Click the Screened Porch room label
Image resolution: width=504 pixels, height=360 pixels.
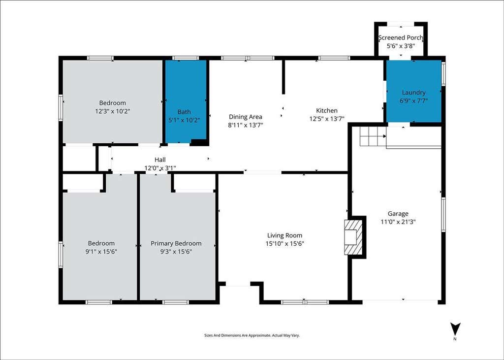tap(401, 37)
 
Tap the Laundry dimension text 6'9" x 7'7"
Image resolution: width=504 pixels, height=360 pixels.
tap(413, 100)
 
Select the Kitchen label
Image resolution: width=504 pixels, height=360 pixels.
tap(327, 110)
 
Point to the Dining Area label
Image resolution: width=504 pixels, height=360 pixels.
tap(245, 117)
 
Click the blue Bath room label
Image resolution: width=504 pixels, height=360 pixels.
tap(184, 112)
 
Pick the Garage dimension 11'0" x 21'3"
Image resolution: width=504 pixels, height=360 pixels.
tap(398, 222)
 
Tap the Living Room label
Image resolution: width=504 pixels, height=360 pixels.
tap(284, 235)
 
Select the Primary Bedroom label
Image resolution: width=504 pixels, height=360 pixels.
tap(176, 244)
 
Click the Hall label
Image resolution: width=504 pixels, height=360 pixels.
tap(160, 160)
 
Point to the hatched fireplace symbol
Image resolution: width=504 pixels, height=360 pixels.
tap(353, 237)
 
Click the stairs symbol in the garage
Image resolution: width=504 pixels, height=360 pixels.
tap(373, 136)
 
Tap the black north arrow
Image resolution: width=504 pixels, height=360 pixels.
tap(455, 329)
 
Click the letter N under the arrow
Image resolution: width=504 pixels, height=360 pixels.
tap(455, 339)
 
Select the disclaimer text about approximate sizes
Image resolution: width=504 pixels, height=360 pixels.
tap(252, 335)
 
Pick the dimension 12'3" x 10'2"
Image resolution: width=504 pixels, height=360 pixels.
tap(113, 111)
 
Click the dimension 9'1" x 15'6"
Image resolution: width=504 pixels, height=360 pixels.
tap(101, 252)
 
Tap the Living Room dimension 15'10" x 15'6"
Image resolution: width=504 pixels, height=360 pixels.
tap(285, 244)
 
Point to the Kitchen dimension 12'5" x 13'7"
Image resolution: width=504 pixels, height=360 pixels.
tap(327, 119)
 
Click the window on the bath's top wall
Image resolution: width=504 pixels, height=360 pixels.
tap(186, 58)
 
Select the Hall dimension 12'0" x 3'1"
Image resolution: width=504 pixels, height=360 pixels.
tap(160, 167)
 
